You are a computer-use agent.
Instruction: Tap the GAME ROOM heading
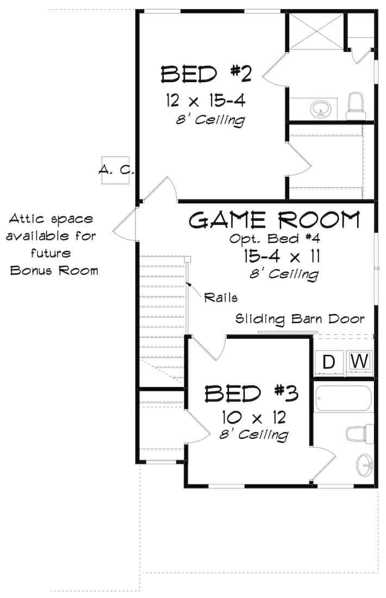(x=275, y=220)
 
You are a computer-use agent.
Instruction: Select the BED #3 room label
(x=251, y=393)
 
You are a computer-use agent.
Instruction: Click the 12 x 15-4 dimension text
(x=206, y=101)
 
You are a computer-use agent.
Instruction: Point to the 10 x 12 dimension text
(x=253, y=418)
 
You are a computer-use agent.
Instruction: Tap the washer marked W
(x=360, y=360)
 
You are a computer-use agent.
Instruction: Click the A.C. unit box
(x=116, y=170)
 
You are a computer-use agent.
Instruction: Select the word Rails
(x=221, y=297)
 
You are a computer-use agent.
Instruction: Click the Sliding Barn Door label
(x=300, y=319)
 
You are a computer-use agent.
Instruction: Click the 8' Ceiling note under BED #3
(x=253, y=435)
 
